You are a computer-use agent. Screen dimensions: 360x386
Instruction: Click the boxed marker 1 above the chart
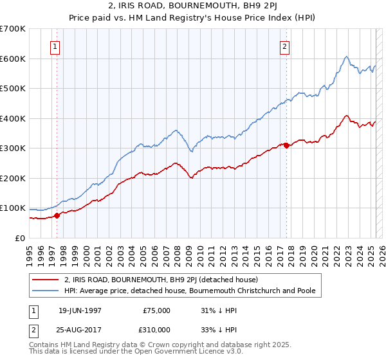(x=56, y=46)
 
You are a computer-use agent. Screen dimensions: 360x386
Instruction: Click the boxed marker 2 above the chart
(x=284, y=46)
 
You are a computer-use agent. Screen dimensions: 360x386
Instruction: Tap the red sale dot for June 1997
(x=57, y=215)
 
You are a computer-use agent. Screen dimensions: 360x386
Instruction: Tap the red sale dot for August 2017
(x=286, y=145)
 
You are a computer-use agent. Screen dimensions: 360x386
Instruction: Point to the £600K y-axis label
(x=13, y=59)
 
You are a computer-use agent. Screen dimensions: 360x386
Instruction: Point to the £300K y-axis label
(x=13, y=148)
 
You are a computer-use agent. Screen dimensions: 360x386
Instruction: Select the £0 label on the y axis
(x=19, y=238)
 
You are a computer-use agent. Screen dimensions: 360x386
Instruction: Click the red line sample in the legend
(x=46, y=280)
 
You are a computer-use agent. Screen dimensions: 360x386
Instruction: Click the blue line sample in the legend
(x=46, y=291)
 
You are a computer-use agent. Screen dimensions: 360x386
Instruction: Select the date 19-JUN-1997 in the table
(x=80, y=310)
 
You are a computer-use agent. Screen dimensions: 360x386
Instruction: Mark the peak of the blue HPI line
(x=346, y=57)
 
